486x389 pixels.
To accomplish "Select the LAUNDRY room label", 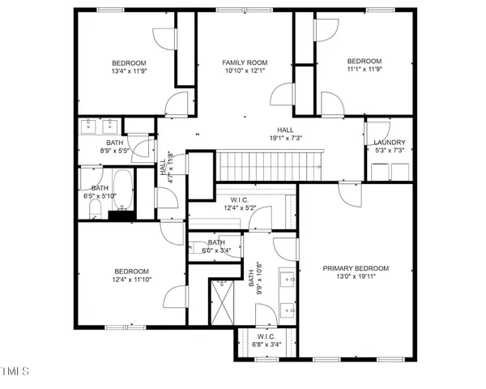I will click(x=389, y=143).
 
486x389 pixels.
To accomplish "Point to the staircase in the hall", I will click(x=271, y=165).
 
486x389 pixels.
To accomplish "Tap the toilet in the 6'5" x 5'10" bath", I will click(x=95, y=210).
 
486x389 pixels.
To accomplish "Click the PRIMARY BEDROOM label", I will click(x=356, y=268).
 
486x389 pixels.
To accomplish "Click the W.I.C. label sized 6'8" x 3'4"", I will click(x=266, y=336).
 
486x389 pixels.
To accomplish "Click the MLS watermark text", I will click(x=15, y=371).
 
